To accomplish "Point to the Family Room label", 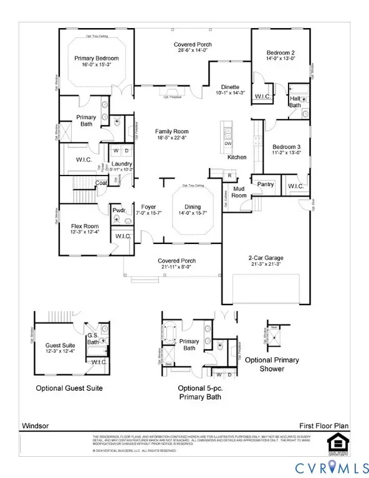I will click(x=171, y=131).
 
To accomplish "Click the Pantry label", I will click(x=266, y=184).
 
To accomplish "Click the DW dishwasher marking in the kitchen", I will click(x=228, y=144).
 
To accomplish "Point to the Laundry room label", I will click(x=122, y=163).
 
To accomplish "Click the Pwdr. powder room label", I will click(x=118, y=211).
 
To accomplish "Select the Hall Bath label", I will click(x=295, y=101).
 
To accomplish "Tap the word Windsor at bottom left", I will click(x=35, y=426).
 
